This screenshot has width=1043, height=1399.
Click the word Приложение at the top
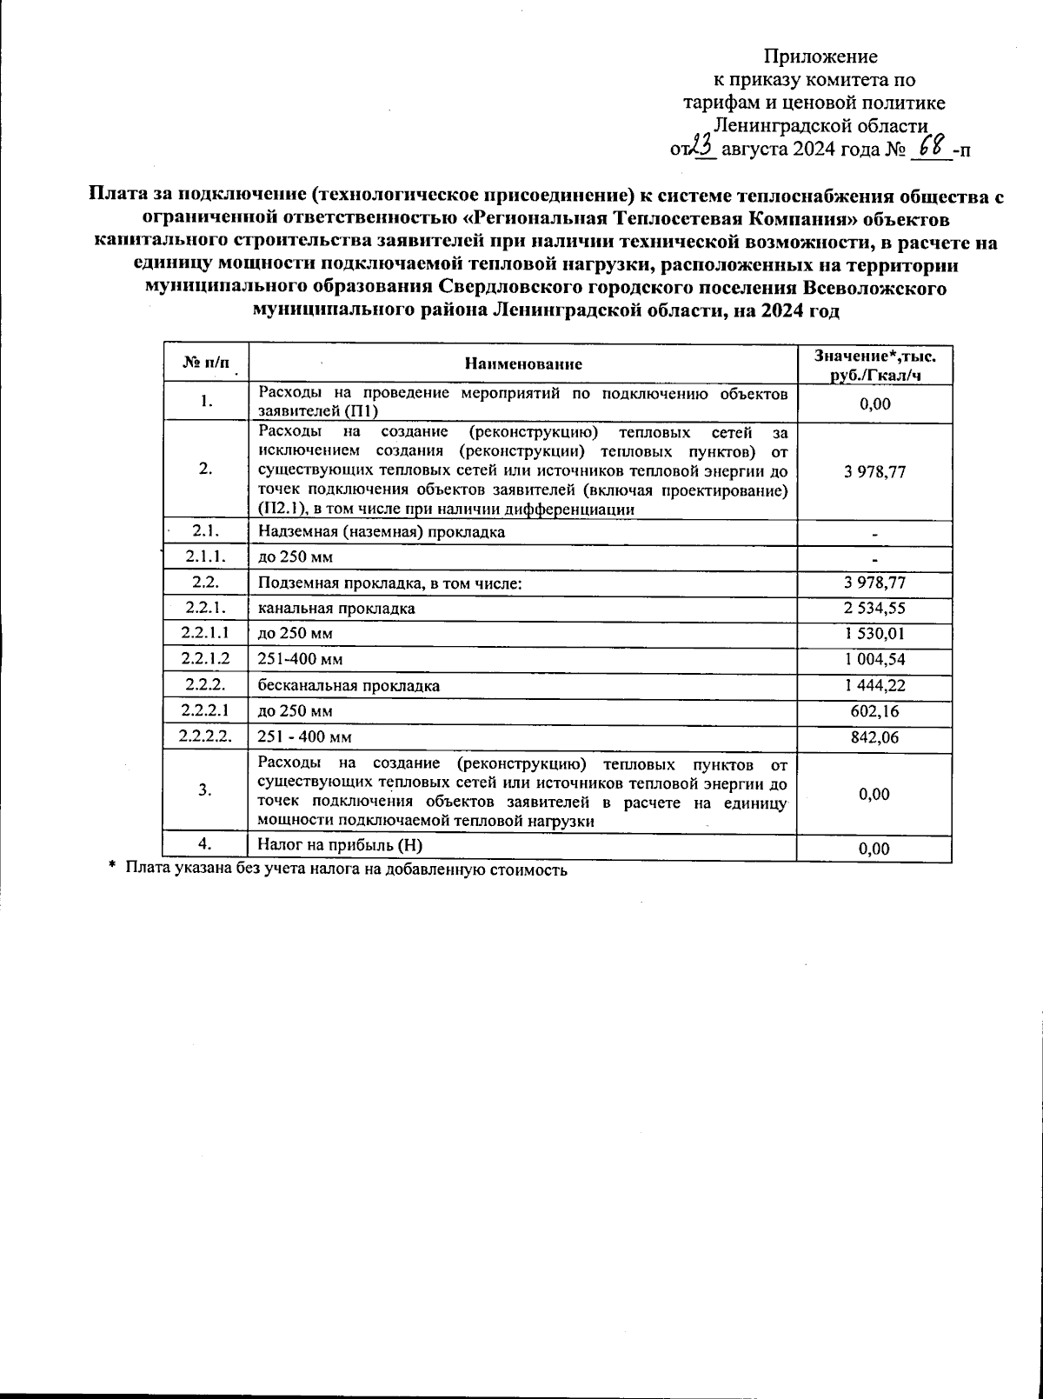pyautogui.click(x=820, y=57)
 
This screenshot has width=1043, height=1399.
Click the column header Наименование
pyautogui.click(x=523, y=363)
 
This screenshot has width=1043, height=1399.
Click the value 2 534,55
pyautogui.click(x=874, y=609)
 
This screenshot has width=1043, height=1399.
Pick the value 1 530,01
pyautogui.click(x=874, y=634)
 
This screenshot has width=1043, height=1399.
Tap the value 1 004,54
pyautogui.click(x=874, y=660)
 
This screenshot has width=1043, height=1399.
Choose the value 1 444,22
pyautogui.click(x=874, y=685)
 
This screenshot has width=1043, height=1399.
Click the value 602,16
pyautogui.click(x=874, y=711)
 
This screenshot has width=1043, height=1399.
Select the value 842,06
pyautogui.click(x=874, y=737)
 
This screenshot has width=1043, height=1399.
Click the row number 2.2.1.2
pyautogui.click(x=206, y=660)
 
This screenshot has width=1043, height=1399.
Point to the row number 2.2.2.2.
pyautogui.click(x=206, y=737)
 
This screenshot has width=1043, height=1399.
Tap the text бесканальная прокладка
pyautogui.click(x=349, y=686)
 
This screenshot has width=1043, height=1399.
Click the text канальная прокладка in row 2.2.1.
pyautogui.click(x=336, y=609)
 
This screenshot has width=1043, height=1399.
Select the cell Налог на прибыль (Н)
pyautogui.click(x=340, y=844)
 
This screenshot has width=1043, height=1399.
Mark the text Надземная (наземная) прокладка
pyautogui.click(x=382, y=531)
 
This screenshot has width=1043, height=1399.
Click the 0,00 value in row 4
pyautogui.click(x=874, y=849)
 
